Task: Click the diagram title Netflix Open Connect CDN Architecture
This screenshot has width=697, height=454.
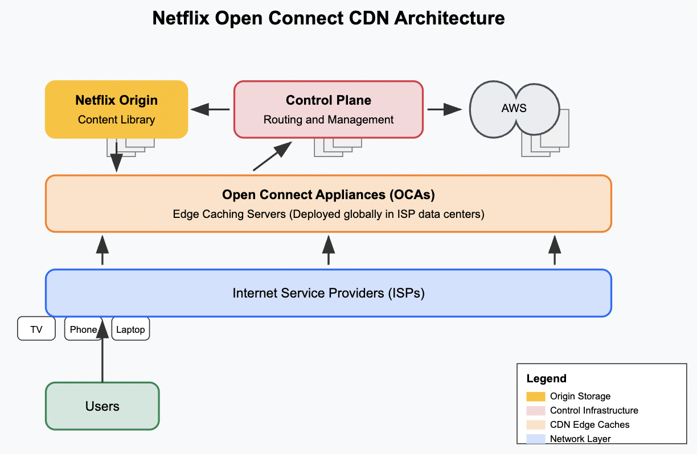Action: tap(329, 18)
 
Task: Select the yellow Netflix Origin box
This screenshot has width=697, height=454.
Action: tap(116, 109)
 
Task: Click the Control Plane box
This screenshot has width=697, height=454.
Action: tap(329, 109)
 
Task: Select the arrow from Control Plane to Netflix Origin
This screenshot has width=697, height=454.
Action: tap(210, 109)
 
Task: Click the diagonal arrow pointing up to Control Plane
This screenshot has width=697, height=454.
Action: tap(272, 156)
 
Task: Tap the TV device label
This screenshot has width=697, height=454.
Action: tap(36, 329)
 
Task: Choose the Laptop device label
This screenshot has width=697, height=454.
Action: tap(130, 329)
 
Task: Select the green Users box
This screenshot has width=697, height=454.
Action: tap(102, 406)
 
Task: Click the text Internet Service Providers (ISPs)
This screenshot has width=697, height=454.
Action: tap(329, 294)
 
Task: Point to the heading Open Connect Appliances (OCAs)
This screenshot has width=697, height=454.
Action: tap(329, 195)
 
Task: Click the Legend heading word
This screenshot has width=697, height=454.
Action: tap(546, 379)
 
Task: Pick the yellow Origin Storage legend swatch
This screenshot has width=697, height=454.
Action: tap(536, 397)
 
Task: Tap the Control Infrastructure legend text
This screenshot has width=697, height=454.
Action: tap(594, 411)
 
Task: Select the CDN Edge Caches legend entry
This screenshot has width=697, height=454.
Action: tap(589, 425)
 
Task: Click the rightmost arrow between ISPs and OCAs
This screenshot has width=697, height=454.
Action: tap(555, 250)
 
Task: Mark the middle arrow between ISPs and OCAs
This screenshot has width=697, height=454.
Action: tap(329, 250)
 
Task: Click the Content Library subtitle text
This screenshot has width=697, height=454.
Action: tap(116, 120)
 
